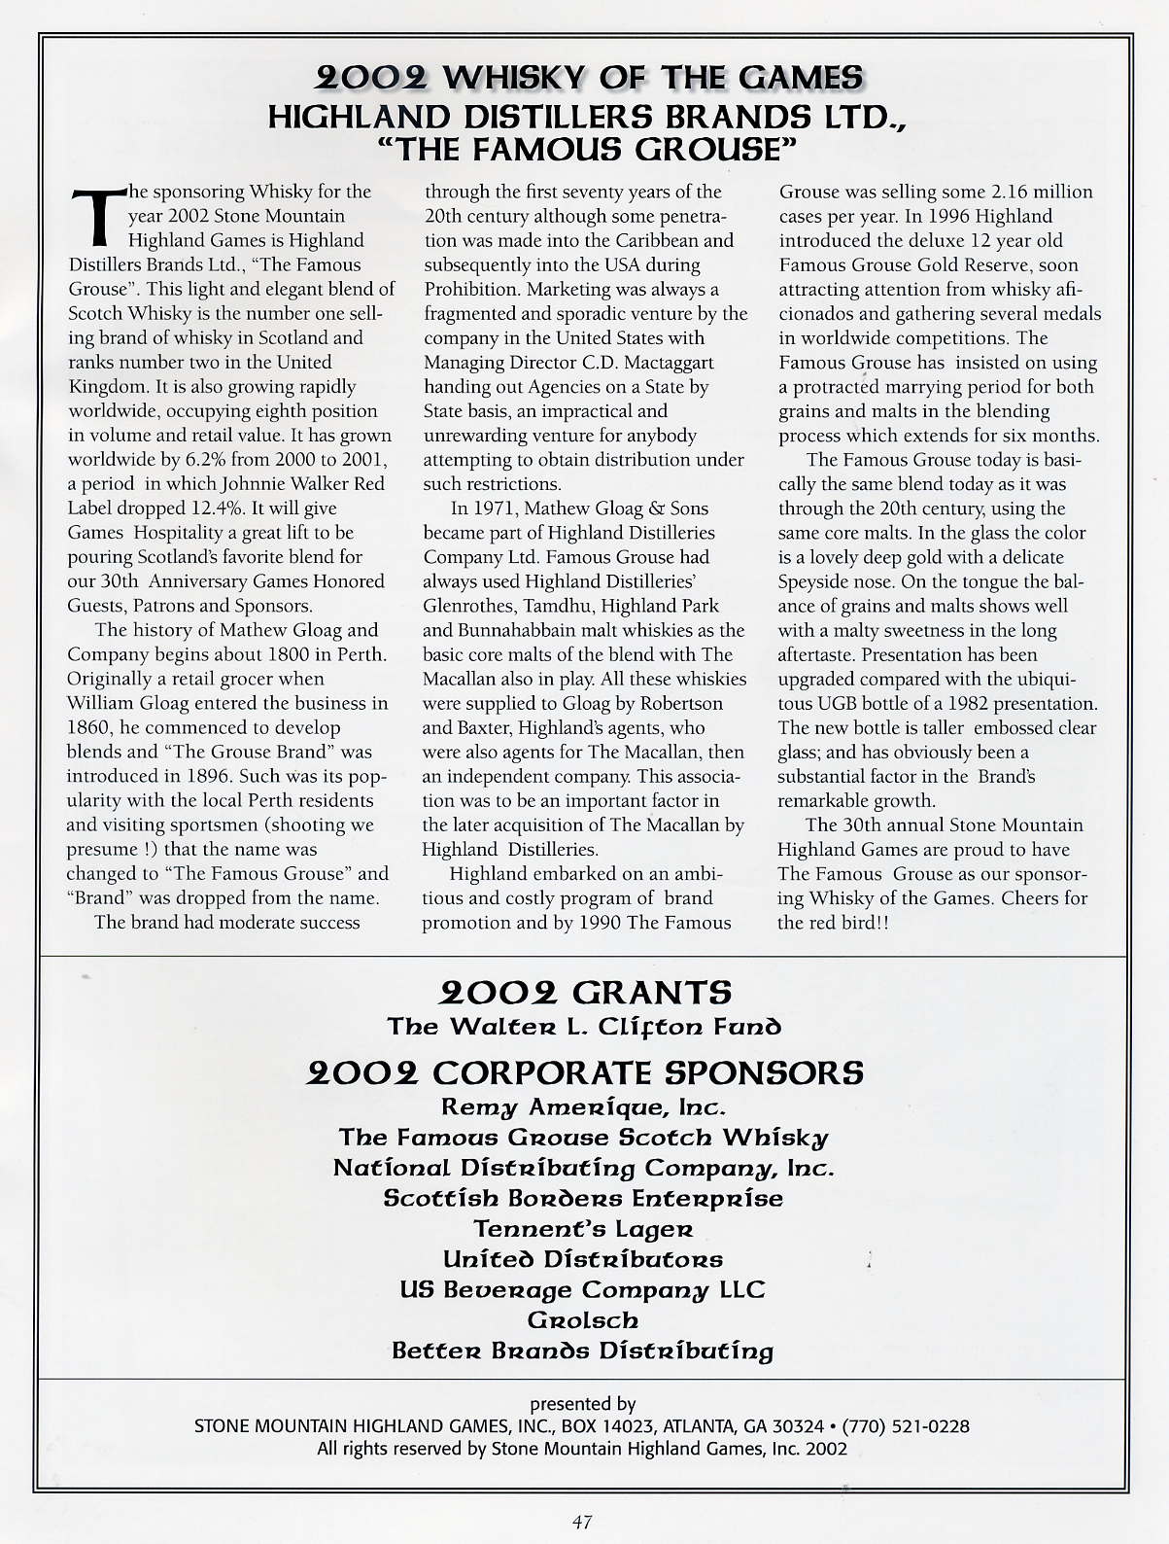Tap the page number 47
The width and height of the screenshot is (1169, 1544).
(582, 1523)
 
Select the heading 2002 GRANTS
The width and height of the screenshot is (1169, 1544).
(585, 993)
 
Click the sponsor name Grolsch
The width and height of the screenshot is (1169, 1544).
(583, 1320)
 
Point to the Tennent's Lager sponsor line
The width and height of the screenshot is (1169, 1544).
(583, 1229)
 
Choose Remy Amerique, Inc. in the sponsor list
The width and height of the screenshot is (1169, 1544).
(583, 1106)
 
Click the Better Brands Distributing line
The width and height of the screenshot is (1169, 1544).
(583, 1351)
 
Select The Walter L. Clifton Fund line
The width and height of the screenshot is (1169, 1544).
(584, 1027)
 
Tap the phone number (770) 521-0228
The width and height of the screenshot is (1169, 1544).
(906, 1426)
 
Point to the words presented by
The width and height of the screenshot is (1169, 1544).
(583, 1404)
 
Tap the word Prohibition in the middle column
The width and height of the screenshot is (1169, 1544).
(472, 290)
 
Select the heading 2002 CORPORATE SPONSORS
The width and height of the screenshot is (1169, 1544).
(585, 1072)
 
